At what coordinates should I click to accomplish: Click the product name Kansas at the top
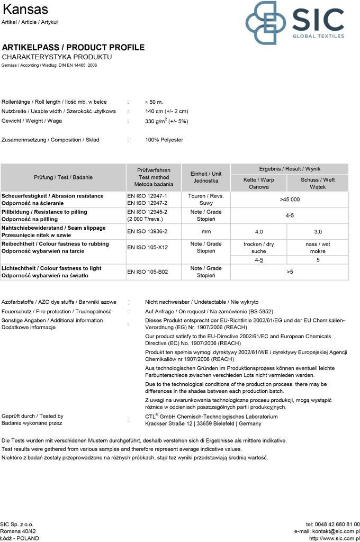click(x=25, y=10)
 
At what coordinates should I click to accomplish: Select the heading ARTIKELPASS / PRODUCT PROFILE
click(x=73, y=48)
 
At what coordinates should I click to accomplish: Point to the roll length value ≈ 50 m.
click(x=154, y=101)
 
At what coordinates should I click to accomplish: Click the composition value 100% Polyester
click(x=164, y=140)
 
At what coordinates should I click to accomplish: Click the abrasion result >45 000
click(x=290, y=200)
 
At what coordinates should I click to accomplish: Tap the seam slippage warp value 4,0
click(x=259, y=231)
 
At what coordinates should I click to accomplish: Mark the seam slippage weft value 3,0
click(x=318, y=231)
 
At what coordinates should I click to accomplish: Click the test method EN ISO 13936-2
click(x=147, y=231)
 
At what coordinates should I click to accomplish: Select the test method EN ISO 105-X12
click(x=147, y=247)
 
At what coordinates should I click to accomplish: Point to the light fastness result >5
click(x=290, y=272)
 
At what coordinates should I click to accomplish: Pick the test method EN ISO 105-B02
click(x=147, y=272)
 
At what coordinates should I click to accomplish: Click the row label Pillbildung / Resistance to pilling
click(x=44, y=212)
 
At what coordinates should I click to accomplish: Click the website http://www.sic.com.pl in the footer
click(x=334, y=538)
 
